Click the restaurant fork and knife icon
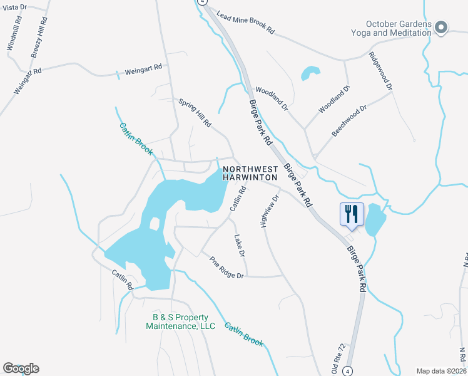click(351, 214)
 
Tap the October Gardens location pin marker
click(441, 27)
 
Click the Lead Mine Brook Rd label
click(246, 22)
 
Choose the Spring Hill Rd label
click(195, 113)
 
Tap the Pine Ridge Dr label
click(226, 268)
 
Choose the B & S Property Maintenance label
click(180, 321)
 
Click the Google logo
click(21, 368)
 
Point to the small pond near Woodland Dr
click(310, 73)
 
